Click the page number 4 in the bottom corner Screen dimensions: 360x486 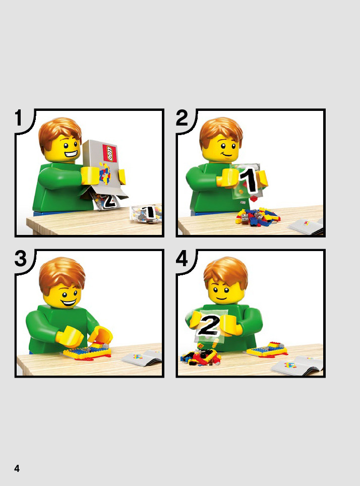pos(17,468)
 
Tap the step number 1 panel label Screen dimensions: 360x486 pos(19,118)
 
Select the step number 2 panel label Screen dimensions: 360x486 pos(182,118)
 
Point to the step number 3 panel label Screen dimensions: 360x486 pos(21,258)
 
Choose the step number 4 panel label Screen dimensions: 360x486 pos(182,258)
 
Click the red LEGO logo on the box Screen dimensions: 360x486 pos(110,153)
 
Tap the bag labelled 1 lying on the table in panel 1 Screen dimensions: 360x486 pos(146,214)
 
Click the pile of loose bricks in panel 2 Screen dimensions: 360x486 pos(257,216)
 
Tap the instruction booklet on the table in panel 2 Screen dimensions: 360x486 pos(307,226)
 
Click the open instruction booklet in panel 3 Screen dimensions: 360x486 pos(142,358)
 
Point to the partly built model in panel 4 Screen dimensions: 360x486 pos(267,349)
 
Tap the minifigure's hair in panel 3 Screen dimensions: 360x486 pos(62,273)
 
